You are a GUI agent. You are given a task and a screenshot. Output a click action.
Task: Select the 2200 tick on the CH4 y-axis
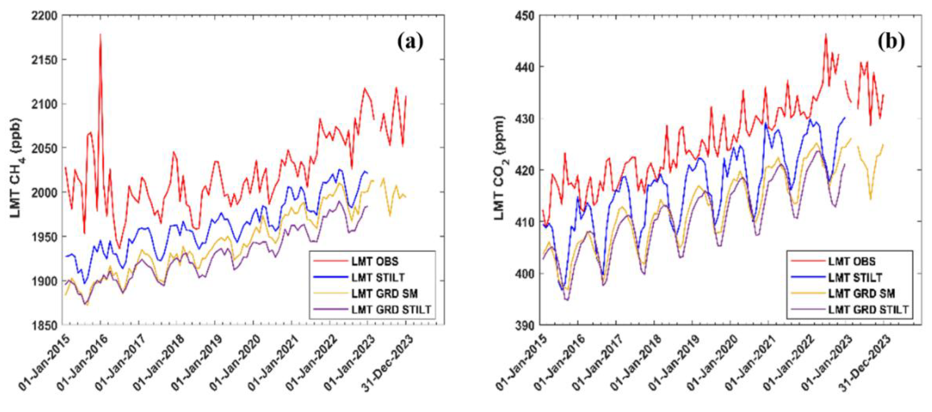[x=44, y=16]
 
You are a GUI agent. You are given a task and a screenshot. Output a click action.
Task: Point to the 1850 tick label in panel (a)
[x=44, y=325]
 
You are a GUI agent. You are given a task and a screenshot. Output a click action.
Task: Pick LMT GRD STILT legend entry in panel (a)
[x=391, y=310]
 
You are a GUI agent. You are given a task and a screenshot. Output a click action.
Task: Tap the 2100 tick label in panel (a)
[x=44, y=104]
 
